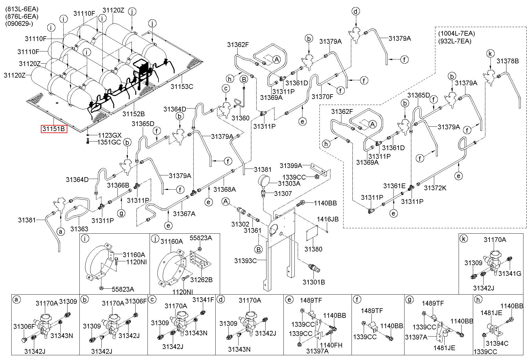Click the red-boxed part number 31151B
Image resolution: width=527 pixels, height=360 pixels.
(x=54, y=129)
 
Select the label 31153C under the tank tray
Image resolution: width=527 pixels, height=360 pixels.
(x=182, y=87)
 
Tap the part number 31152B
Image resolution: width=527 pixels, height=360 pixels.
(x=134, y=114)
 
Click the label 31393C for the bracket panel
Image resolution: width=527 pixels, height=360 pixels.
(x=245, y=261)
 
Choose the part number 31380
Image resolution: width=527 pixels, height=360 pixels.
(x=313, y=249)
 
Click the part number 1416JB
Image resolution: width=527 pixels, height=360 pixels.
(x=327, y=219)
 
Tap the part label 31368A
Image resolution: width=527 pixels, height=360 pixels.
(x=225, y=189)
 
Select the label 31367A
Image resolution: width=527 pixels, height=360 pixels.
(x=184, y=213)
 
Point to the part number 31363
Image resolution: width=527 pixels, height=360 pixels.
(x=79, y=229)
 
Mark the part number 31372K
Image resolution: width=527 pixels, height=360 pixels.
(x=435, y=188)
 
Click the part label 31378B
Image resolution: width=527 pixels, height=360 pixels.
(x=508, y=61)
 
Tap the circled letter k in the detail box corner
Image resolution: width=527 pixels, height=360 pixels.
(x=463, y=238)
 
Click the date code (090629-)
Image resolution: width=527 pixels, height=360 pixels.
(x=19, y=23)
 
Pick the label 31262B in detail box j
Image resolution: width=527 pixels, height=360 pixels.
(x=201, y=279)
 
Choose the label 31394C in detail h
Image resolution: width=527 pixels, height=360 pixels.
(x=497, y=343)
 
